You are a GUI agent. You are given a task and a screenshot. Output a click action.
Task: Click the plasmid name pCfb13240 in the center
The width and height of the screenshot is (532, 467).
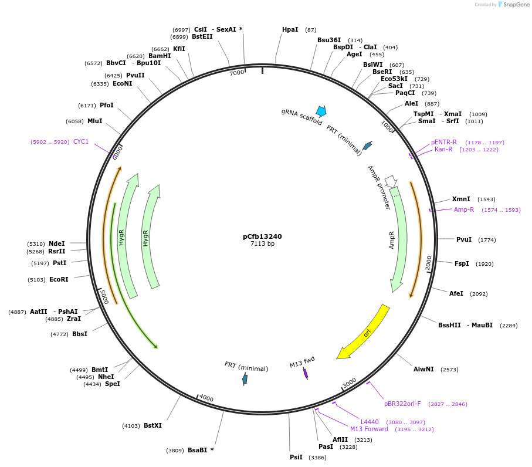262,236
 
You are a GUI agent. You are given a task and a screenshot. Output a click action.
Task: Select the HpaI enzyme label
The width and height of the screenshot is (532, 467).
290,29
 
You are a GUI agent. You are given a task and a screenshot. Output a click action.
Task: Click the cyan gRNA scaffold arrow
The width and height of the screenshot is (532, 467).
321,111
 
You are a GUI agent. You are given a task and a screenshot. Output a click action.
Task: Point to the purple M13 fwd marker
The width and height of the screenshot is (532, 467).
306,373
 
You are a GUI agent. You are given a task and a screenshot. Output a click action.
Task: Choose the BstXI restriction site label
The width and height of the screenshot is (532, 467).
153,425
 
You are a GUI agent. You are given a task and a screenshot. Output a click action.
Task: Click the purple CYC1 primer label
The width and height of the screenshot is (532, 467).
81,141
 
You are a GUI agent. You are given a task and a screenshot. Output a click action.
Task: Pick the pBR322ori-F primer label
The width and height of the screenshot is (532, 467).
402,404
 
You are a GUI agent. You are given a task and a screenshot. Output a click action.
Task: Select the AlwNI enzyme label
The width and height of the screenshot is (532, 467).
423,369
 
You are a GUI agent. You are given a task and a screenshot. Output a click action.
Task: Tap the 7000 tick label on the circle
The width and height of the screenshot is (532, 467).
236,73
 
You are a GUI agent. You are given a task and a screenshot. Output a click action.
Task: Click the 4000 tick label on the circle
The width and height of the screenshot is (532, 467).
206,398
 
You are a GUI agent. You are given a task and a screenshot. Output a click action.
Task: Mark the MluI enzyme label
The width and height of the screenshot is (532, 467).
95,121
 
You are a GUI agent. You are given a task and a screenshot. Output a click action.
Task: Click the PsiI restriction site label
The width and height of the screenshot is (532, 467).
296,457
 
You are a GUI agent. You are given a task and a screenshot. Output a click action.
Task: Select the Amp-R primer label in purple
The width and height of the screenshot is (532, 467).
464,209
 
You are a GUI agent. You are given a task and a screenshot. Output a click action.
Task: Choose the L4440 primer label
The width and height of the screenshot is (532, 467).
370,422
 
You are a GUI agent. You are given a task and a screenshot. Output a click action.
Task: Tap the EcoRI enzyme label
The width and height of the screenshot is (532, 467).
59,279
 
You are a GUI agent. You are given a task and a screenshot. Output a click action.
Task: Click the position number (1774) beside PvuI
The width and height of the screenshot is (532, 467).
487,239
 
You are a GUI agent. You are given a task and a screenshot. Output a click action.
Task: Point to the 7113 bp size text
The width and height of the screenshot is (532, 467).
262,243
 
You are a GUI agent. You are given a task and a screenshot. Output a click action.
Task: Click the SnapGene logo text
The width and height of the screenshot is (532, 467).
516,5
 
